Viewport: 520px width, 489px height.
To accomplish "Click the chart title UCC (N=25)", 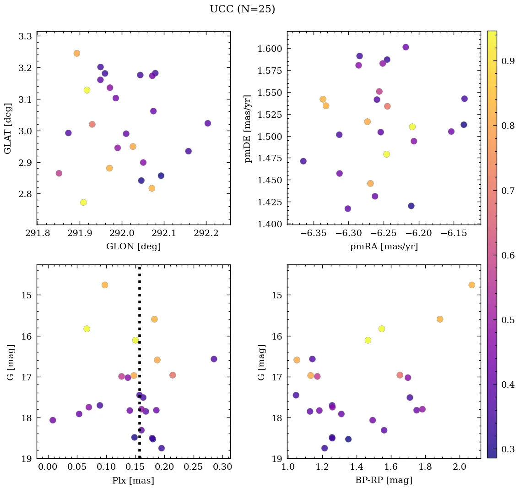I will click(x=242, y=9).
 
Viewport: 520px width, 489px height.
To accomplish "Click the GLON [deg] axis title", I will click(x=133, y=247).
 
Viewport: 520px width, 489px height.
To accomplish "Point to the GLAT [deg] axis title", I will click(x=8, y=128).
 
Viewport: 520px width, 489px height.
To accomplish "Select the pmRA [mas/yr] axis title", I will click(x=384, y=247).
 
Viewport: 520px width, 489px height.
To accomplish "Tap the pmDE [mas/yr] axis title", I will click(x=248, y=128).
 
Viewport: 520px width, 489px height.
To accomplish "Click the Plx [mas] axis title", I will click(x=133, y=481).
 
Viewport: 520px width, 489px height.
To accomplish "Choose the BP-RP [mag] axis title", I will click(x=384, y=481).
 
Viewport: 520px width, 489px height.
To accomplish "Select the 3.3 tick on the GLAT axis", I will click(x=25, y=36).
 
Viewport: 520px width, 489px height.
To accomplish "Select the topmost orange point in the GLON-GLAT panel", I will click(x=76, y=53).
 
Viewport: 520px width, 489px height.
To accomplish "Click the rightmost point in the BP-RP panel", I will click(x=471, y=285).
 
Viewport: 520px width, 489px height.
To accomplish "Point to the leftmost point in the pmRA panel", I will click(x=303, y=161).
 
